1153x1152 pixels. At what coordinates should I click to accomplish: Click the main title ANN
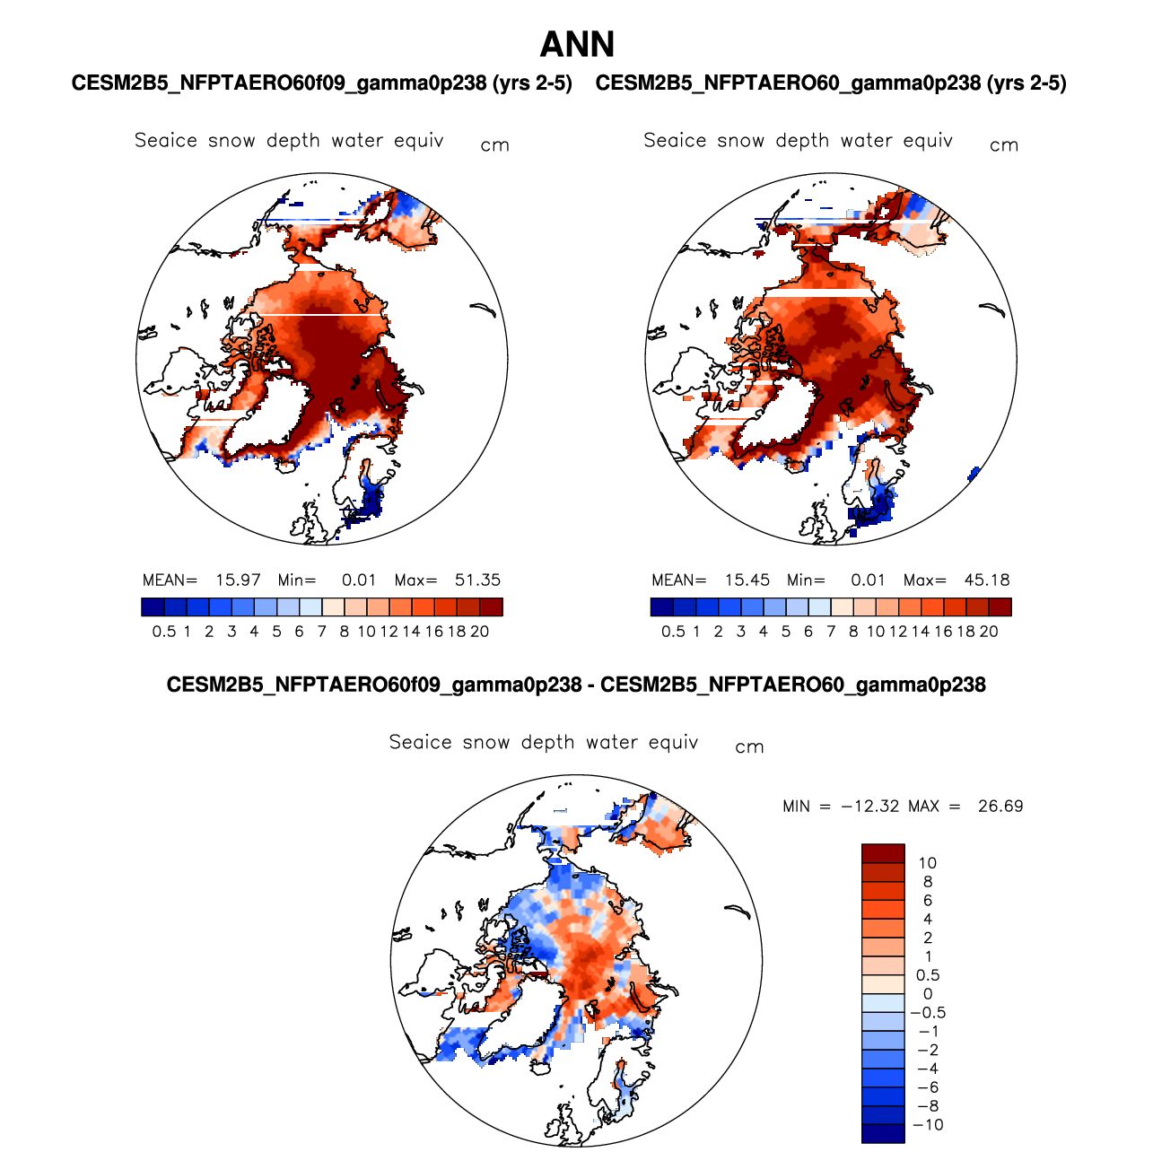point(577,44)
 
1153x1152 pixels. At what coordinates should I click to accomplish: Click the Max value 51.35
point(477,580)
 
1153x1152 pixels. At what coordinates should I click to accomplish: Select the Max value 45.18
point(986,580)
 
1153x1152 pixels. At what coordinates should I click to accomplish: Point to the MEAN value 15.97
point(238,580)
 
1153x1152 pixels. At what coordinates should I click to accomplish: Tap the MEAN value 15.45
point(747,580)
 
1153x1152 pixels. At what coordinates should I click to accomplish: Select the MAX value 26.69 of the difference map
point(1000,806)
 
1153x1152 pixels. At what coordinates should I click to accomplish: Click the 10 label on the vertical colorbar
point(928,863)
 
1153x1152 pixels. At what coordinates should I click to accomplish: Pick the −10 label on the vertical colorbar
point(928,1125)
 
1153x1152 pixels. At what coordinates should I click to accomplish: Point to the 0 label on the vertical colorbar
point(928,994)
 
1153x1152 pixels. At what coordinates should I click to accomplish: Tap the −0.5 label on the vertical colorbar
point(928,1013)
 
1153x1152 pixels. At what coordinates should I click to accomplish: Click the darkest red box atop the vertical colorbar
point(883,853)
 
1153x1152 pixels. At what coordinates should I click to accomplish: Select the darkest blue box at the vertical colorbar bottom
point(883,1134)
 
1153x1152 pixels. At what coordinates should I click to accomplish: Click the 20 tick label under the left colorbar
point(480,632)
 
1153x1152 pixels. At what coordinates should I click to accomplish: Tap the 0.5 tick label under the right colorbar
point(673,632)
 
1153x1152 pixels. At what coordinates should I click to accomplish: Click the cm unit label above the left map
point(494,145)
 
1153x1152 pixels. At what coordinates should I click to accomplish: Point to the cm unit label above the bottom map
point(749,747)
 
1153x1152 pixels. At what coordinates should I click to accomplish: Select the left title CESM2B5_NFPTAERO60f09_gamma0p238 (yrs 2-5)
point(321,83)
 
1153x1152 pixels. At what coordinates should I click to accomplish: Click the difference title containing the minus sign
point(576,685)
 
